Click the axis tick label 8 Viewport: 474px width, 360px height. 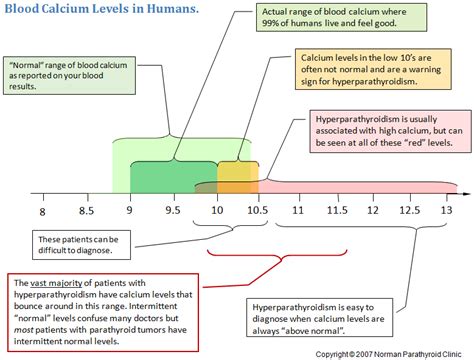[x=43, y=212]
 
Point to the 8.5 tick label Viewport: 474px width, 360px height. [x=87, y=212]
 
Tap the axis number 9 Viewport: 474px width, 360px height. [x=130, y=212]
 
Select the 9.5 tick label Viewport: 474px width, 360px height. [x=173, y=212]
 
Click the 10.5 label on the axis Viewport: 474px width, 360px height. [x=258, y=212]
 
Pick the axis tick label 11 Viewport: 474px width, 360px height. [x=299, y=212]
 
